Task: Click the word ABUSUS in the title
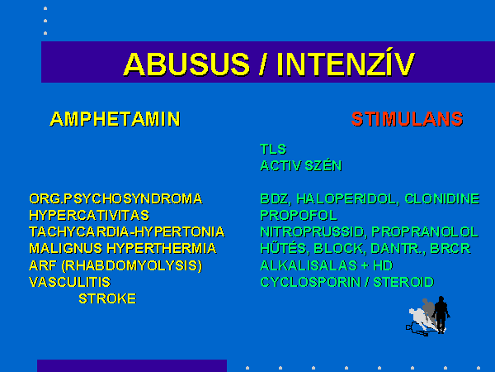click(x=186, y=64)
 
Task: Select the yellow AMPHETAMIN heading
click(x=115, y=119)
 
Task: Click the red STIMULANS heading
click(x=408, y=119)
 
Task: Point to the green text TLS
click(x=273, y=149)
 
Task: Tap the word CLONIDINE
click(x=442, y=199)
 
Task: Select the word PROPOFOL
click(x=299, y=216)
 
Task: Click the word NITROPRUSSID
click(x=312, y=231)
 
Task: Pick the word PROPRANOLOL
click(x=425, y=231)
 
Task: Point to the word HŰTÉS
click(x=283, y=248)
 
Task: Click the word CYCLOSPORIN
click(x=310, y=282)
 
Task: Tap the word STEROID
click(x=403, y=282)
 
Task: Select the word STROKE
click(x=107, y=298)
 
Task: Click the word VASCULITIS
click(x=70, y=282)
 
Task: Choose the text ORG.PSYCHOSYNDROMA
click(x=115, y=199)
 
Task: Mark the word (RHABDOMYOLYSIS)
click(x=132, y=265)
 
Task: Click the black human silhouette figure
click(x=441, y=314)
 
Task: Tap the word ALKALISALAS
click(x=309, y=265)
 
